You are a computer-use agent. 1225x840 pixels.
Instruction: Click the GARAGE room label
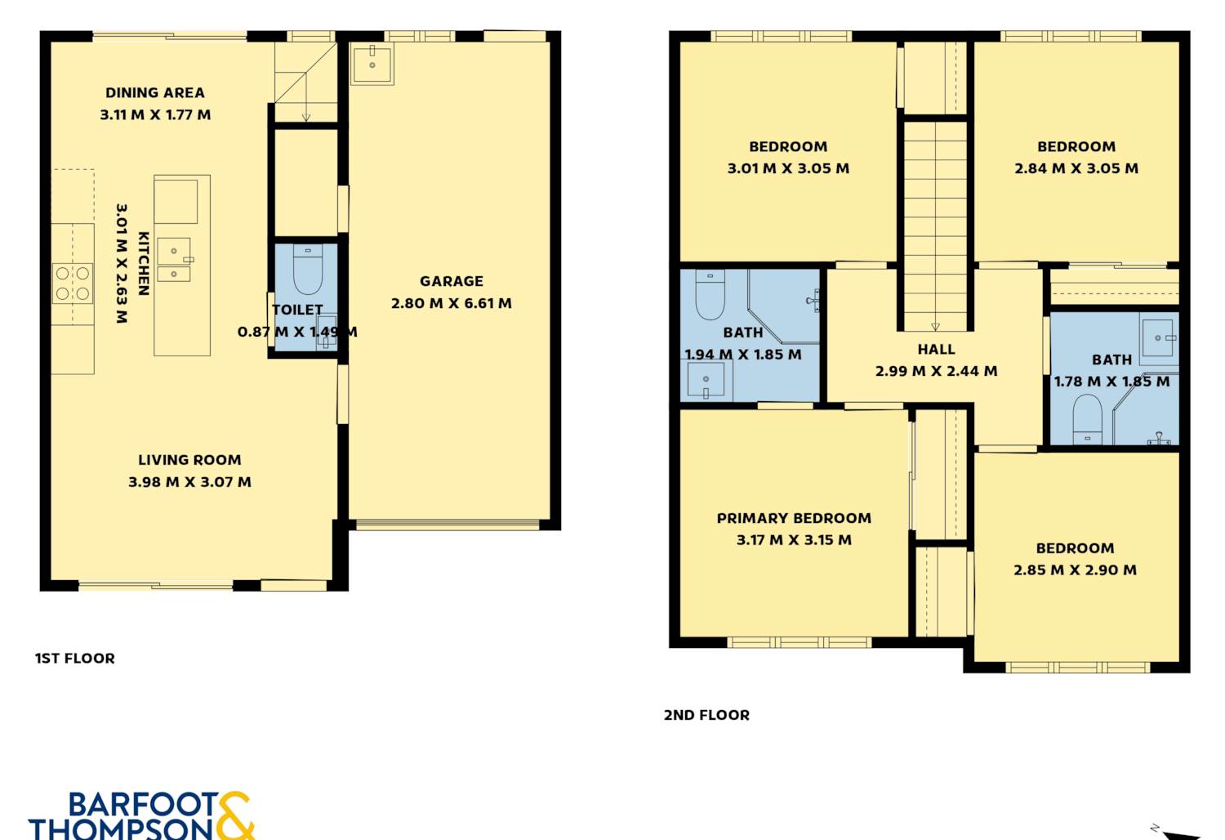(451, 281)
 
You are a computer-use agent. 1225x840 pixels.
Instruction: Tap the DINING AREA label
(155, 93)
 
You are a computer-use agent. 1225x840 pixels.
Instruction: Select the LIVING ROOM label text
(189, 460)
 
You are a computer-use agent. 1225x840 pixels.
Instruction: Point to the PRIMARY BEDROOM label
(794, 518)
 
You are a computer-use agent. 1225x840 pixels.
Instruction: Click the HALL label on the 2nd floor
(936, 349)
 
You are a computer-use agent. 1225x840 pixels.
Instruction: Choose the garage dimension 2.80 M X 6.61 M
(451, 303)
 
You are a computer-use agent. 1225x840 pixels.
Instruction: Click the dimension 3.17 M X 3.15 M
(794, 540)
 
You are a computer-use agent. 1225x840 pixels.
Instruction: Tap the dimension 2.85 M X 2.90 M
(1075, 570)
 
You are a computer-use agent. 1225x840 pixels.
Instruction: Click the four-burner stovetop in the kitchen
(73, 284)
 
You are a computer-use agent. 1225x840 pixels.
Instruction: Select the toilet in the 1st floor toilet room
(308, 270)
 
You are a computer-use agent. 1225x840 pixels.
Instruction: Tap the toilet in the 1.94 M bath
(710, 294)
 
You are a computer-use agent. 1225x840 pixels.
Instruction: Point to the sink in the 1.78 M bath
(1159, 337)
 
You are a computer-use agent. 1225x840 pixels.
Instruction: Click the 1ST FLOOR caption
(75, 659)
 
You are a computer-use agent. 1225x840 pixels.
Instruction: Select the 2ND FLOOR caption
(706, 715)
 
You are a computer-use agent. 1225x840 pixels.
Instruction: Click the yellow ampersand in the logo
(235, 815)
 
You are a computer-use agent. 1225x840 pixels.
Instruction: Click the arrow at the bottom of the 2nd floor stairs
(935, 327)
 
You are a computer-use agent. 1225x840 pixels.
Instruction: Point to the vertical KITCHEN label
(143, 264)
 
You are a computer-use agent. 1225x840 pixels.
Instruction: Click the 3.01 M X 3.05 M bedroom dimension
(788, 168)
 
